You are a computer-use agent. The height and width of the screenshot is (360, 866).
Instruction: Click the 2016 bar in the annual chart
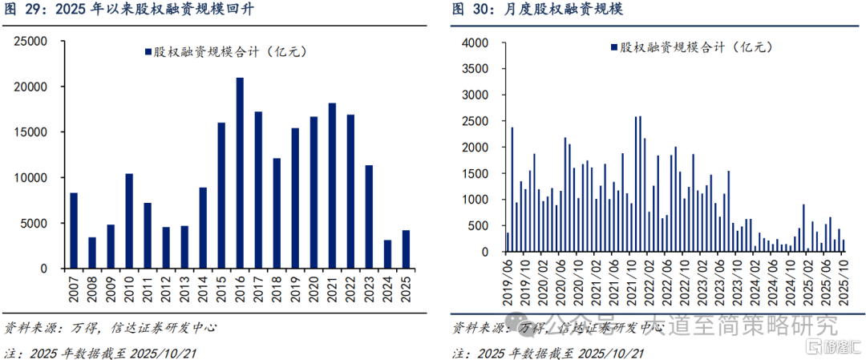(x=240, y=172)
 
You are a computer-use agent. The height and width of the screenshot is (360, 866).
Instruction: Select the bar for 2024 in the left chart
(x=387, y=253)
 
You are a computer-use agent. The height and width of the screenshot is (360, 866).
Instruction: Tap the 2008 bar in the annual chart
(x=92, y=252)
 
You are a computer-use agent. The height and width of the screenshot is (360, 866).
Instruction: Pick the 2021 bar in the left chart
(x=332, y=184)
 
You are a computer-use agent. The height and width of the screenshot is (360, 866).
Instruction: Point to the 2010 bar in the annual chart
(x=129, y=220)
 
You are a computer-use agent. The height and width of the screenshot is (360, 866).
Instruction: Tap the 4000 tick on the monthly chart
(x=475, y=42)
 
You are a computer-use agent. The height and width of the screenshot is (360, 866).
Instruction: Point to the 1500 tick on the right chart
(x=475, y=173)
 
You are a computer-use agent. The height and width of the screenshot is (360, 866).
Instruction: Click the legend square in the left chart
(x=148, y=52)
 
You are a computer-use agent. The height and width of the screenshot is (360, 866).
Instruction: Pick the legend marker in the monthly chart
(x=613, y=47)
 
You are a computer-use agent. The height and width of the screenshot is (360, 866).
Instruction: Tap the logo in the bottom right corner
(x=830, y=347)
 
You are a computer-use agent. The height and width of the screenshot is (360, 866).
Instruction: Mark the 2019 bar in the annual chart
(x=295, y=197)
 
